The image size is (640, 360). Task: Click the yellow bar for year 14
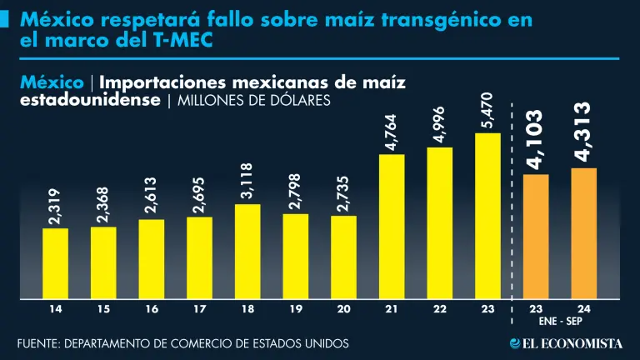point(56,263)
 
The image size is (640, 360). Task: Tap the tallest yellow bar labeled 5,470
point(487,216)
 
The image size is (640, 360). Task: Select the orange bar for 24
point(583,233)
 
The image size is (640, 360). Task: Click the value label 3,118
point(247,182)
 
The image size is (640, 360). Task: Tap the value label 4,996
point(440,125)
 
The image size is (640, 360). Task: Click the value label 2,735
point(344,194)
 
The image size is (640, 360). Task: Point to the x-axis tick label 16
point(152,309)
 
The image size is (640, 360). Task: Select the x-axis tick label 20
point(344,309)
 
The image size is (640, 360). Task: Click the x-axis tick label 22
point(440,309)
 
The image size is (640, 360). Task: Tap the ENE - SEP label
point(559,321)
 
